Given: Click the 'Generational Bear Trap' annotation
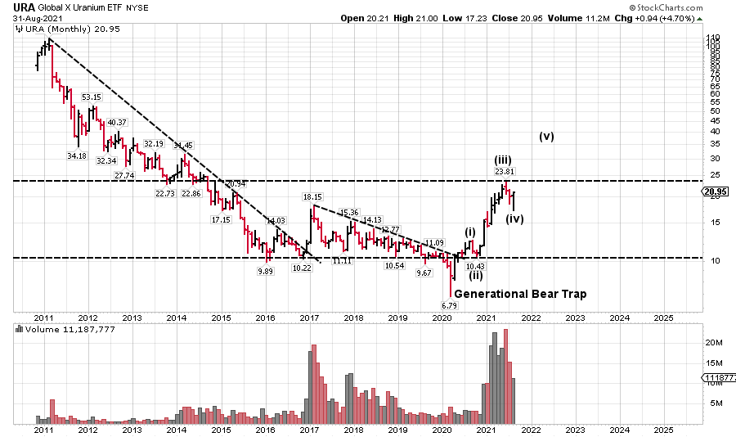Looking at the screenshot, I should tap(520, 293).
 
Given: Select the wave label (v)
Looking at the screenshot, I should tap(547, 137).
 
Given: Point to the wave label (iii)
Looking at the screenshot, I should tap(503, 160).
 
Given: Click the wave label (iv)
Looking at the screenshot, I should tap(514, 218).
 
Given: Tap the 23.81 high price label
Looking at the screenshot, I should tap(505, 171).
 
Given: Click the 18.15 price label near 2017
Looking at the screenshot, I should tap(312, 197).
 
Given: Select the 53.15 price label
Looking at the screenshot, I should tap(92, 97).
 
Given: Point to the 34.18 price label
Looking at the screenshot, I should tap(77, 155).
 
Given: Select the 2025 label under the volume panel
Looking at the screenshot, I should tap(663, 429).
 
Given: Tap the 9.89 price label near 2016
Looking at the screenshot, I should tap(265, 271).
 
